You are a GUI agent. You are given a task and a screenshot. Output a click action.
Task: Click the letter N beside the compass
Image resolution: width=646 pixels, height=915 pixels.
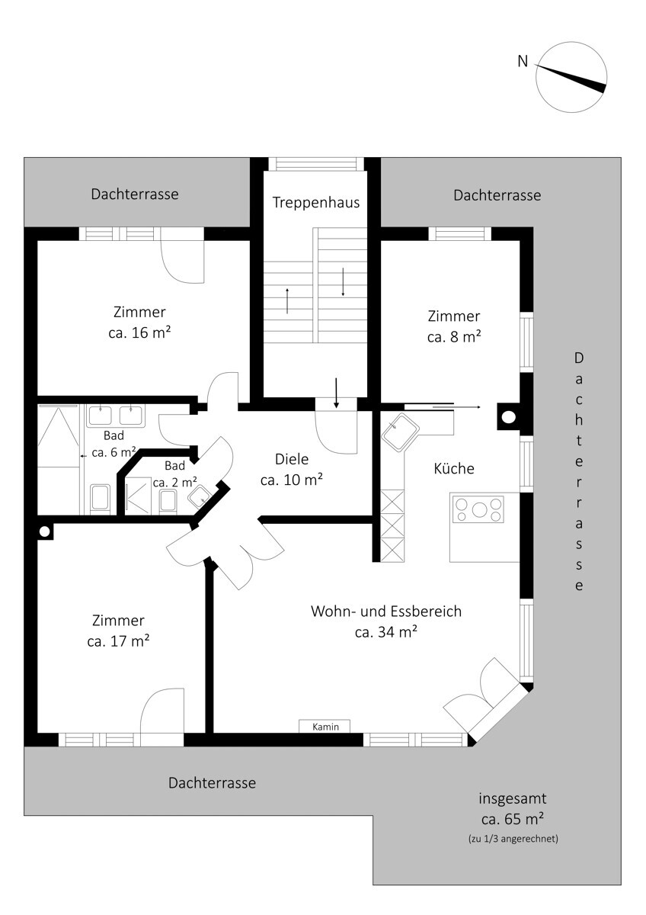[523, 61]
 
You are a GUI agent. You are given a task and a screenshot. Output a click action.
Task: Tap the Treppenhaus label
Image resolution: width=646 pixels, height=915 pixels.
[316, 203]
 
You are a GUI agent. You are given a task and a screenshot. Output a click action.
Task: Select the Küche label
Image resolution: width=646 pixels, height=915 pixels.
[454, 468]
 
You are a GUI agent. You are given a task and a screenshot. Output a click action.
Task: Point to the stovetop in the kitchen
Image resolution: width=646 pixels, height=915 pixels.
[478, 509]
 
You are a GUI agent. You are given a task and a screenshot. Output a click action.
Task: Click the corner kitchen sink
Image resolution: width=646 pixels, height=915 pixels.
[401, 432]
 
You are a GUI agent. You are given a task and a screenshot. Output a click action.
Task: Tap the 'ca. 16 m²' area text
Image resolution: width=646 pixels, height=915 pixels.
[139, 333]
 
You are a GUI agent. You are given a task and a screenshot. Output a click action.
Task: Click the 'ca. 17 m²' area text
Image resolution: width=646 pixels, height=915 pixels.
[118, 641]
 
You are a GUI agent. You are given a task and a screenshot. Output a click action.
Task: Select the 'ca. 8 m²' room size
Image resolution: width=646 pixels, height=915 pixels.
[454, 337]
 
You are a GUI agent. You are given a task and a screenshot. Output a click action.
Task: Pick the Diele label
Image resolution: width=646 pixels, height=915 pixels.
[292, 459]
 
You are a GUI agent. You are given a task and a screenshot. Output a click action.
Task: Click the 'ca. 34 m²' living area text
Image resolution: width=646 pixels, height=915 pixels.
[386, 632]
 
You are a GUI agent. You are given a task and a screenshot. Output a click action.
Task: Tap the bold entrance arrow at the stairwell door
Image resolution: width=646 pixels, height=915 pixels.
[336, 393]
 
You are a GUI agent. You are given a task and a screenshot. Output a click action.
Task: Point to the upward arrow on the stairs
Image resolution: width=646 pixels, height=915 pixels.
[287, 300]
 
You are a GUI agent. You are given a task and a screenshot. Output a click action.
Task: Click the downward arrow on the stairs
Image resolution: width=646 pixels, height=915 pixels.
[343, 282]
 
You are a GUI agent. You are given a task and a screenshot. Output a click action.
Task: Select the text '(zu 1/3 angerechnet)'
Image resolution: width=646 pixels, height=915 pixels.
[513, 839]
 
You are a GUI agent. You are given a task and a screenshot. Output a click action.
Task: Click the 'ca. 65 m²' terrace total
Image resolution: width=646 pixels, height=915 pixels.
[513, 819]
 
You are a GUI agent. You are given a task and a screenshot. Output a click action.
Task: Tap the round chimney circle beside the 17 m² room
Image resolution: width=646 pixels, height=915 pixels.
[44, 531]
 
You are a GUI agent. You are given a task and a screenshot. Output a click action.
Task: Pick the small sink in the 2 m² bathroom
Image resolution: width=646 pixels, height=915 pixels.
[200, 496]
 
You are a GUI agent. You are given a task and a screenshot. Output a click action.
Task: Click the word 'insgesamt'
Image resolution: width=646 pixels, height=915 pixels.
[513, 798]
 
